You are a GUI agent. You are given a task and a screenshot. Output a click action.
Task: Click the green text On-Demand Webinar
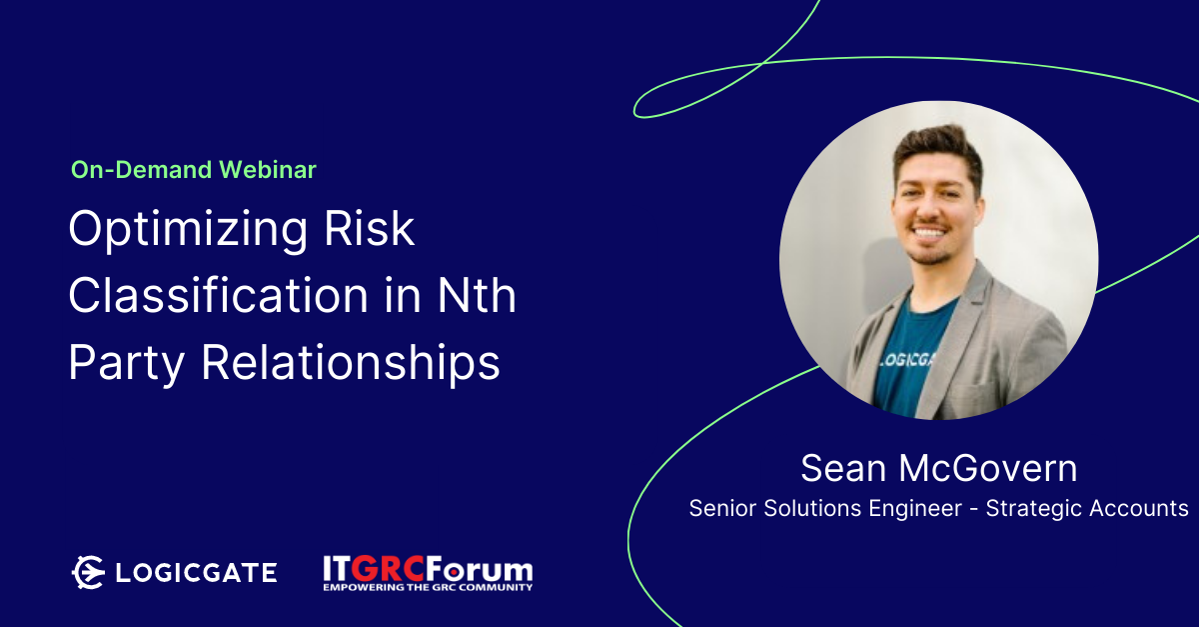[x=194, y=170]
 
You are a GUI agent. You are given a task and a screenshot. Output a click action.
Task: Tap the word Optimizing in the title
[x=188, y=229]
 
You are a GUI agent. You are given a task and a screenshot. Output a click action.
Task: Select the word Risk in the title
[x=370, y=228]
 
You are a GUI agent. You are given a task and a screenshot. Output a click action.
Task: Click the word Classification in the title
[x=219, y=295]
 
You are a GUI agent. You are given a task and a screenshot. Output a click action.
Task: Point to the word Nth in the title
[x=477, y=295]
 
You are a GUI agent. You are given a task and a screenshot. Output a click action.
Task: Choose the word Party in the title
[x=127, y=363]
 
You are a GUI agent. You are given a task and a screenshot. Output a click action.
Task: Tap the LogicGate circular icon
[x=88, y=572]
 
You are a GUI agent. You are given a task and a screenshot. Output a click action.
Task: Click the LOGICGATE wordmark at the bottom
[x=197, y=572]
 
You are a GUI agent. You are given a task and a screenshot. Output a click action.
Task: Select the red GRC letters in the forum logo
[x=389, y=569]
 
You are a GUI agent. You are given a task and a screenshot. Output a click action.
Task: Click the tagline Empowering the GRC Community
[x=428, y=587]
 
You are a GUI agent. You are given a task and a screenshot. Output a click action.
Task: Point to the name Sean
[x=843, y=468]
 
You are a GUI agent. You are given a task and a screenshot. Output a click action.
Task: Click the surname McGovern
[x=987, y=468]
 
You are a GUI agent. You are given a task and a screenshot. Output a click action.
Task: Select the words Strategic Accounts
[x=1087, y=508]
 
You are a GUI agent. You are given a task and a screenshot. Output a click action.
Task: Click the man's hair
[x=938, y=147]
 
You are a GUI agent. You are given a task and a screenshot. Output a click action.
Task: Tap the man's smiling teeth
[x=930, y=233]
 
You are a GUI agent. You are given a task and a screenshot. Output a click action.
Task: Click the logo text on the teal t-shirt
[x=906, y=360]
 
